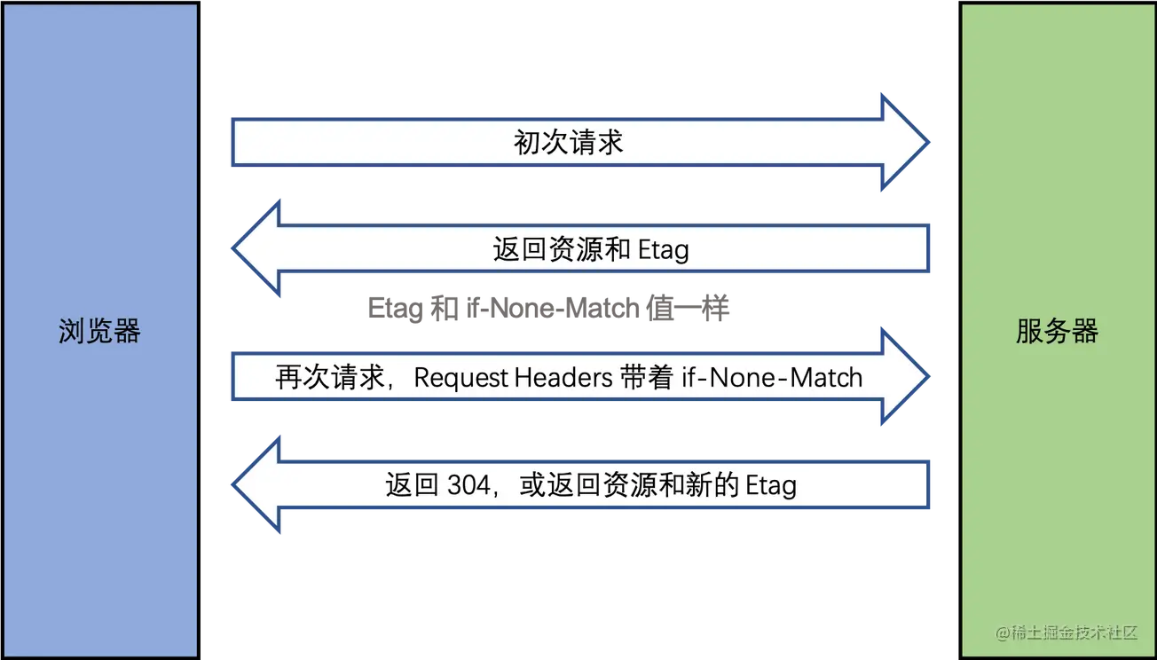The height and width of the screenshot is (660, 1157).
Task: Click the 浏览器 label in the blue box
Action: coord(99,332)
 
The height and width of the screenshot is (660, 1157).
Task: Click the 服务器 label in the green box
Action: coord(1057,332)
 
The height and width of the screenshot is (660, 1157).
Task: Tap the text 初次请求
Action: coord(569,142)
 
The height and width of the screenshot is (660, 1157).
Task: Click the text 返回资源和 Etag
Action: coord(591,249)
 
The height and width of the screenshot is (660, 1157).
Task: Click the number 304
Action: coord(466,485)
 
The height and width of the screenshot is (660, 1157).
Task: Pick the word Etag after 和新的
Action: coord(770,485)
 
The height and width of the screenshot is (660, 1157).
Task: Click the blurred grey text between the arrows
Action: coord(550,309)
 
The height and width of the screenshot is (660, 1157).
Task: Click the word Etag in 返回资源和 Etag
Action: coord(663,249)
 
